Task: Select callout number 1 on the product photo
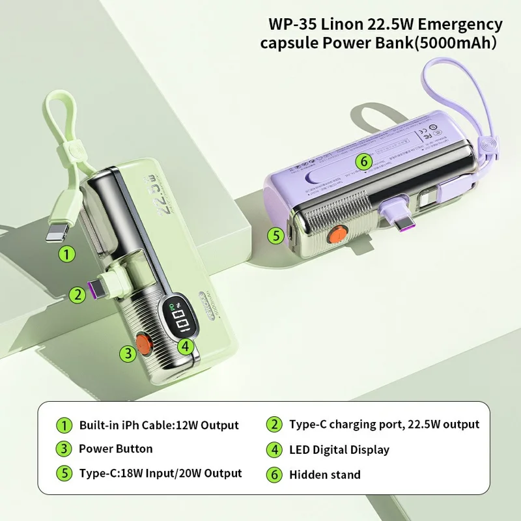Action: (x=66, y=255)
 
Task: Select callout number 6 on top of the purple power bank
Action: (x=363, y=161)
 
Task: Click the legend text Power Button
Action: (x=116, y=449)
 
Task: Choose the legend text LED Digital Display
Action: (x=339, y=449)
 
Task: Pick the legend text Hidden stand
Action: (x=325, y=475)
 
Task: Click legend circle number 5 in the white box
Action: (x=64, y=474)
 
